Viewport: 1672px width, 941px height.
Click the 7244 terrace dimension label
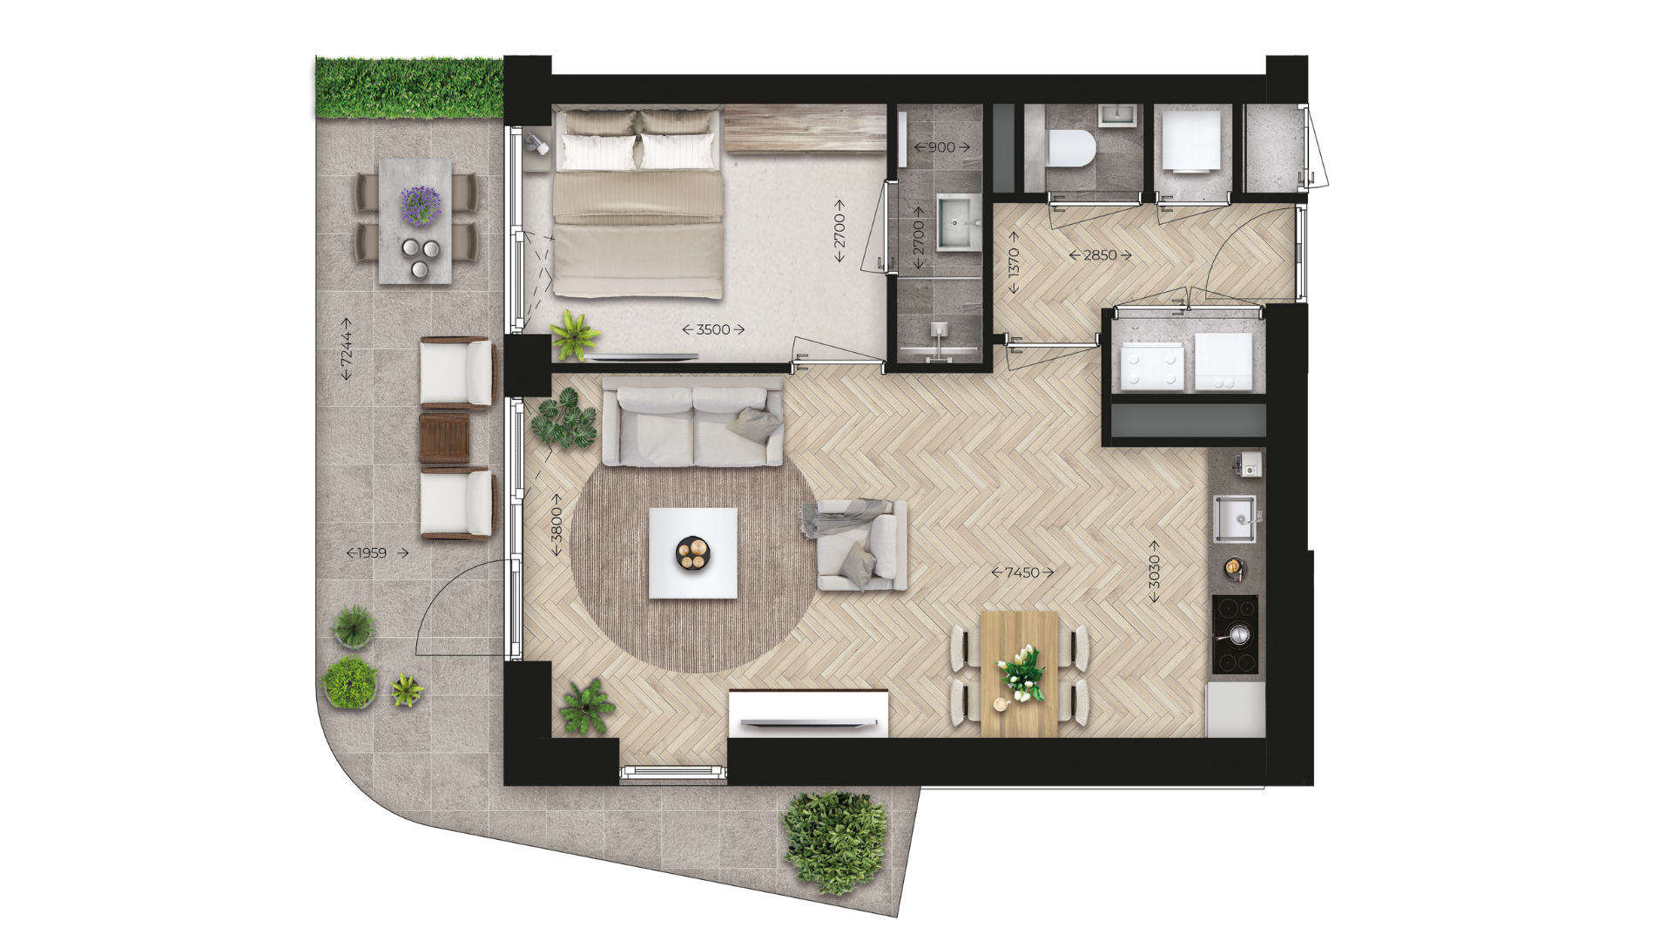(x=346, y=349)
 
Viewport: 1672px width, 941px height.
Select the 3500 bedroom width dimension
(x=713, y=329)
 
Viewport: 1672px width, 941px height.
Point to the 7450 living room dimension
(x=1022, y=572)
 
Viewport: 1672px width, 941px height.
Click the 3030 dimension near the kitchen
(x=1154, y=572)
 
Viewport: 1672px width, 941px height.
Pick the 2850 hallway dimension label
(x=1100, y=255)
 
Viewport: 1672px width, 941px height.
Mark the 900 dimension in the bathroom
(x=941, y=147)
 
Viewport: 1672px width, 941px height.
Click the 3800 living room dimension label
(x=556, y=525)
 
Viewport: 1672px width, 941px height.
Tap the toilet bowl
(x=1070, y=148)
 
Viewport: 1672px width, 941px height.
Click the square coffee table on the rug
(x=693, y=553)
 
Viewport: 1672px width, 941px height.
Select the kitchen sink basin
(x=1234, y=519)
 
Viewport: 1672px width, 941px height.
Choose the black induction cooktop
(x=1235, y=634)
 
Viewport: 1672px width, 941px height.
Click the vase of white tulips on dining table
(x=1021, y=672)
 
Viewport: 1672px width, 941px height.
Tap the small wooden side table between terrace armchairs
(x=444, y=438)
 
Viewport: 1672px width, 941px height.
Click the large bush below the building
(x=834, y=843)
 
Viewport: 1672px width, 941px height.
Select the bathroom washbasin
(x=958, y=223)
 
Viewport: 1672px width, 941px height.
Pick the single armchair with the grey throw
(x=861, y=545)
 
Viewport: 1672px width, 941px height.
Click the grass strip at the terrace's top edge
(x=409, y=87)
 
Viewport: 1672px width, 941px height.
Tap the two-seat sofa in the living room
(x=693, y=425)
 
